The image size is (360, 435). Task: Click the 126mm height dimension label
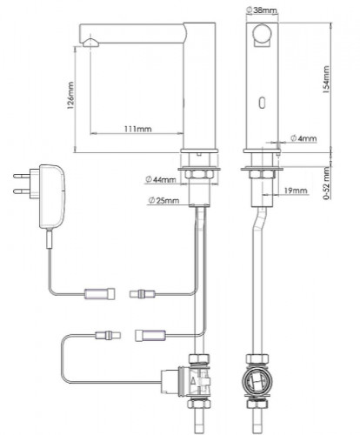(70, 96)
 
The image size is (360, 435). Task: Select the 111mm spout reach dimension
(138, 129)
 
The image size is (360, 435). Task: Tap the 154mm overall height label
(326, 79)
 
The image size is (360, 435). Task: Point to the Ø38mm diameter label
(262, 10)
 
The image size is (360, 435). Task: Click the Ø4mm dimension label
(303, 138)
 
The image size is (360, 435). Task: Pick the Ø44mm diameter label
(160, 179)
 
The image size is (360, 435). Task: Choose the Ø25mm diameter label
(163, 200)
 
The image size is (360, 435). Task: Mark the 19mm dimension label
(296, 191)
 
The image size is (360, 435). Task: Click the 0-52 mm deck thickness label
(327, 183)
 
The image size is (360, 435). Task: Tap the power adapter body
(51, 197)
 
